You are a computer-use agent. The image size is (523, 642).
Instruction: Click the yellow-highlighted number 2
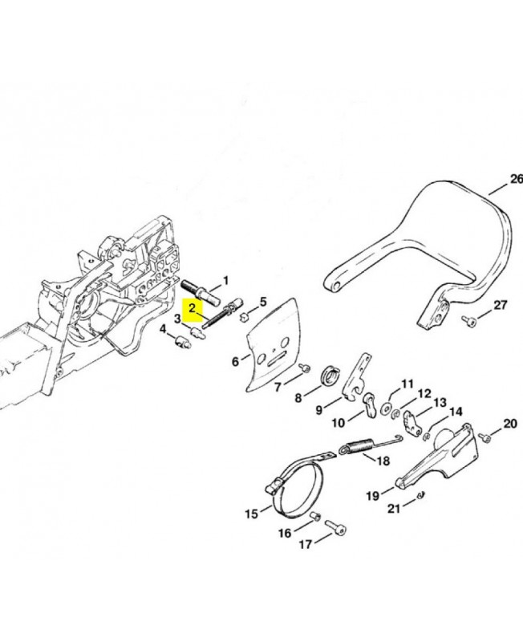(x=192, y=307)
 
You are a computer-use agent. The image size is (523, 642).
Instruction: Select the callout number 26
(x=515, y=178)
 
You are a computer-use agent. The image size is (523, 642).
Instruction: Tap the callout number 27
(x=501, y=306)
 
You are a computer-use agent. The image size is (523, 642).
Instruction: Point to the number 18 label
(x=383, y=461)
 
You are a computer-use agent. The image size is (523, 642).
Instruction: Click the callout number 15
(x=252, y=513)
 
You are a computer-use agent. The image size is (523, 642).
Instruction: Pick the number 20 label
(x=509, y=424)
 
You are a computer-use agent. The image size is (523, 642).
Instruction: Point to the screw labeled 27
(x=471, y=321)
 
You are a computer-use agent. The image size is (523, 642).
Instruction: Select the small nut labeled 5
(x=240, y=314)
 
